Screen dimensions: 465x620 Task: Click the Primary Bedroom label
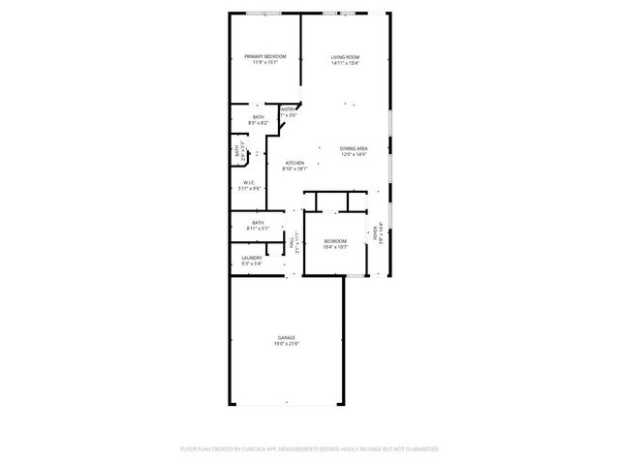click(265, 57)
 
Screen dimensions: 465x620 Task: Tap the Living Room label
click(345, 57)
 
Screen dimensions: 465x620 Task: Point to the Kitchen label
click(294, 163)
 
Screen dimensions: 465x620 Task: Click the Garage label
click(287, 337)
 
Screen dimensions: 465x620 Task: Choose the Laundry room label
click(252, 258)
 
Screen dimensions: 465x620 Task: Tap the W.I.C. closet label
click(250, 182)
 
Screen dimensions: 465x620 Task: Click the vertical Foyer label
click(376, 232)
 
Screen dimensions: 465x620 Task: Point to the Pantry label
click(288, 109)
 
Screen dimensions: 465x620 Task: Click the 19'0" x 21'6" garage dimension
click(287, 344)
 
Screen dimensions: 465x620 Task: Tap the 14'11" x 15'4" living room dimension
click(345, 64)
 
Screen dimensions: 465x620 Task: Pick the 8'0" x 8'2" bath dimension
click(258, 123)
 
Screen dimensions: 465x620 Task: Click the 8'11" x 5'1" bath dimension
click(258, 230)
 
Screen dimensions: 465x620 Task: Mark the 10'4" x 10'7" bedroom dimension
click(335, 247)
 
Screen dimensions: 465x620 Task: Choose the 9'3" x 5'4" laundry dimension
click(252, 263)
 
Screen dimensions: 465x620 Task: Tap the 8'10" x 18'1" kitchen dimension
click(294, 170)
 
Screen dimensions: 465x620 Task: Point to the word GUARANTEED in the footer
click(418, 449)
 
